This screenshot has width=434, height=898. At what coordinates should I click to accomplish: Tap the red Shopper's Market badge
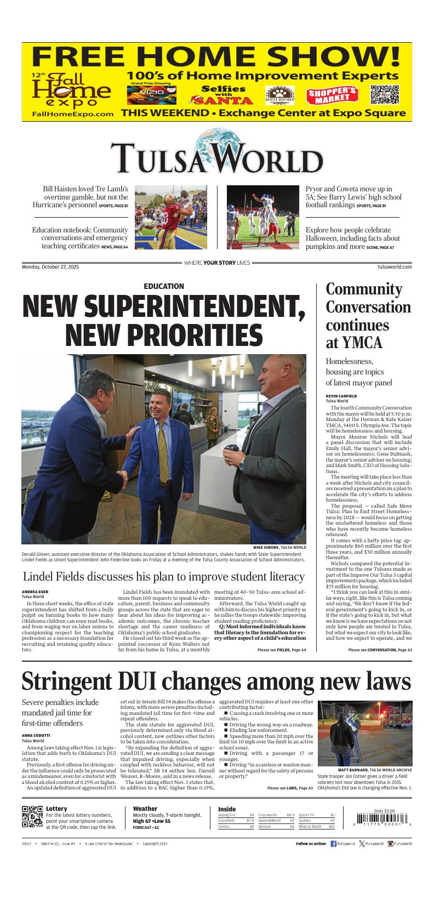[332, 95]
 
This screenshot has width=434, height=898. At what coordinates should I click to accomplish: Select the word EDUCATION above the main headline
[164, 286]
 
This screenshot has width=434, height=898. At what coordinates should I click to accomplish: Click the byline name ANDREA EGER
[35, 592]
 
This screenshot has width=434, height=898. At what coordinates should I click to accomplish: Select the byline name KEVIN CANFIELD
[341, 396]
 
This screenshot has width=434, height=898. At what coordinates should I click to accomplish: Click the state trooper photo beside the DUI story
[365, 734]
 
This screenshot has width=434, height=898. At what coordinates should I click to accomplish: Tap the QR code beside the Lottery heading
[32, 817]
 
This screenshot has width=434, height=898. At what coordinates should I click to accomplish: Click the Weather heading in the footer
[145, 809]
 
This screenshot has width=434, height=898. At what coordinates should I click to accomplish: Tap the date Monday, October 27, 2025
[50, 267]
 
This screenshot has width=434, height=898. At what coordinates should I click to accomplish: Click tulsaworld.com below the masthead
[395, 267]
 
